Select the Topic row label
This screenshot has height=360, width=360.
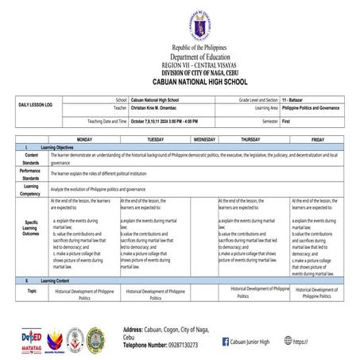pyautogui.click(x=32, y=292)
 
